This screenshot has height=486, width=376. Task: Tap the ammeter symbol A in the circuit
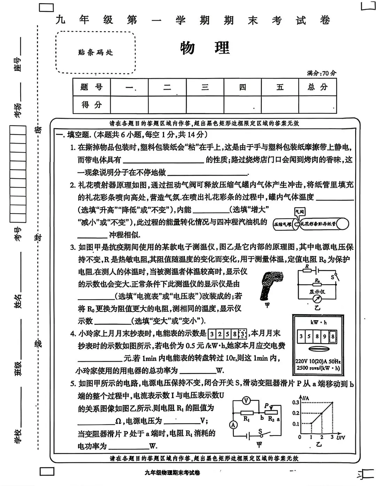click(234, 424)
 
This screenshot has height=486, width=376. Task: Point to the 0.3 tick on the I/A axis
click(296, 403)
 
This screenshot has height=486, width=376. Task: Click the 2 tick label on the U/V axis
click(322, 437)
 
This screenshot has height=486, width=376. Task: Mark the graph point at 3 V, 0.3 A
click(333, 403)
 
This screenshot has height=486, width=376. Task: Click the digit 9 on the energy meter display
click(324, 337)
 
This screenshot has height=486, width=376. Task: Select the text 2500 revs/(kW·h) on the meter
click(318, 368)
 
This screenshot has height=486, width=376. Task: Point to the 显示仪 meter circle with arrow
click(317, 299)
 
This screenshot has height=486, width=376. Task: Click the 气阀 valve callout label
click(299, 211)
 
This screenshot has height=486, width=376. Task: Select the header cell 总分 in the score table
click(318, 87)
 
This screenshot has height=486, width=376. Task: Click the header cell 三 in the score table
click(205, 87)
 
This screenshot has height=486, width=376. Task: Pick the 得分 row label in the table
click(92, 105)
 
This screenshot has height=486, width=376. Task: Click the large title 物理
click(205, 48)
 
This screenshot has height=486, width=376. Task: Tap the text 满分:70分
click(321, 73)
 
